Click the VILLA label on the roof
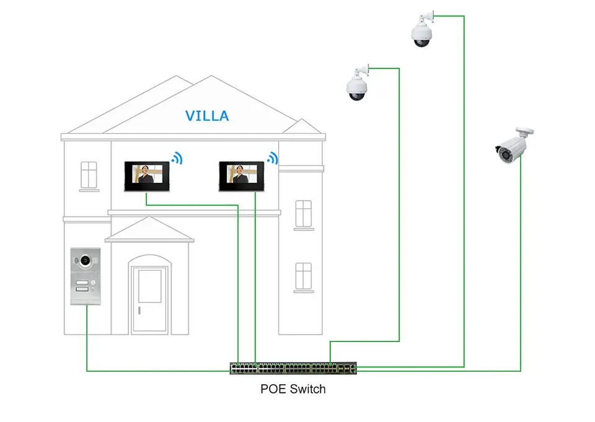(x=207, y=116)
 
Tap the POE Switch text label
(x=293, y=389)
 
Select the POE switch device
(x=293, y=368)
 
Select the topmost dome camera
(x=423, y=31)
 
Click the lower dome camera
(x=358, y=84)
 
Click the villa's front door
(x=149, y=300)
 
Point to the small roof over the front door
(x=149, y=231)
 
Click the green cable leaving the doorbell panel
(x=87, y=347)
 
